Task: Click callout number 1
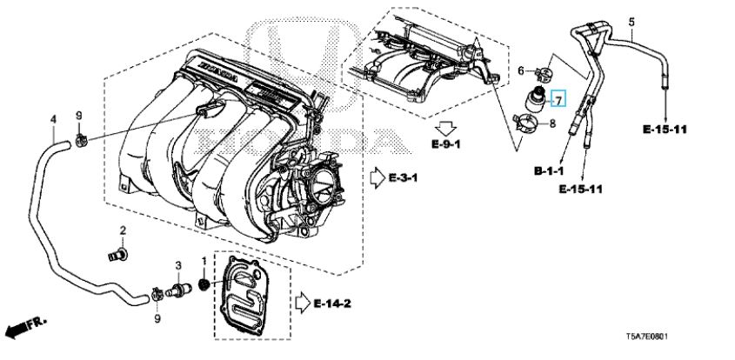tap(205, 261)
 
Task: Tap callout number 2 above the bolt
tap(123, 230)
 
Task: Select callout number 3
tap(177, 265)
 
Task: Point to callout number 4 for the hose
tap(52, 119)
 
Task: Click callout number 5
tap(632, 21)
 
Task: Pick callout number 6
tap(521, 70)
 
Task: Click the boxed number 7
tap(559, 98)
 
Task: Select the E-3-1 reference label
tap(403, 178)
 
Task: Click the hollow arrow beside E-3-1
tap(376, 177)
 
